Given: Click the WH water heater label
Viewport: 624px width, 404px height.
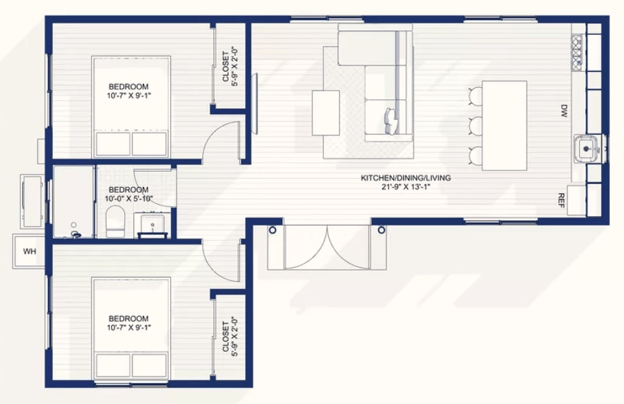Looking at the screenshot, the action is click(30, 252).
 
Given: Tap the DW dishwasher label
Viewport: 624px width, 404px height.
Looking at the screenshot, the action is click(564, 111).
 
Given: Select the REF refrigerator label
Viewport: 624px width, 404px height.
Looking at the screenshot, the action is click(562, 201).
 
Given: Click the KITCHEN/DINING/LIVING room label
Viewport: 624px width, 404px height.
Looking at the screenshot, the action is click(406, 178).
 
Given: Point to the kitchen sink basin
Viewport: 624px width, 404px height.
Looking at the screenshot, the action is click(586, 149).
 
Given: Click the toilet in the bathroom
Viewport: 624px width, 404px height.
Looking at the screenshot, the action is click(116, 221).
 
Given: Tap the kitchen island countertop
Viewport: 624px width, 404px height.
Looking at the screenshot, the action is click(504, 125).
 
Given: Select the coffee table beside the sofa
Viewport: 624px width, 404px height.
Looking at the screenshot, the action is click(326, 113).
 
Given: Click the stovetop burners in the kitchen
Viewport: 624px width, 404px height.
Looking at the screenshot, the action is click(577, 50).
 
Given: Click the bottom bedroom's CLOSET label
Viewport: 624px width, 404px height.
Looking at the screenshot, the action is click(226, 337).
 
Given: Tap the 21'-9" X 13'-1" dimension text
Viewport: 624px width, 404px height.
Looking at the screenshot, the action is click(406, 187).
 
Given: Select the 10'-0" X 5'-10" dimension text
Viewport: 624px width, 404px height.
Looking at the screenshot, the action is click(129, 199).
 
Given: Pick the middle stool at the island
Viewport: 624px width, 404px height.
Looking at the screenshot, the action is click(476, 126).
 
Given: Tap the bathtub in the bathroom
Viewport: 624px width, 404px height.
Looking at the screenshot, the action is click(74, 202).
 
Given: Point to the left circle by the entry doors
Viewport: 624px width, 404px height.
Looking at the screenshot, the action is click(273, 230).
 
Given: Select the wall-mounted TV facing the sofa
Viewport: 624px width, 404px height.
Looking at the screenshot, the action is click(255, 103).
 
